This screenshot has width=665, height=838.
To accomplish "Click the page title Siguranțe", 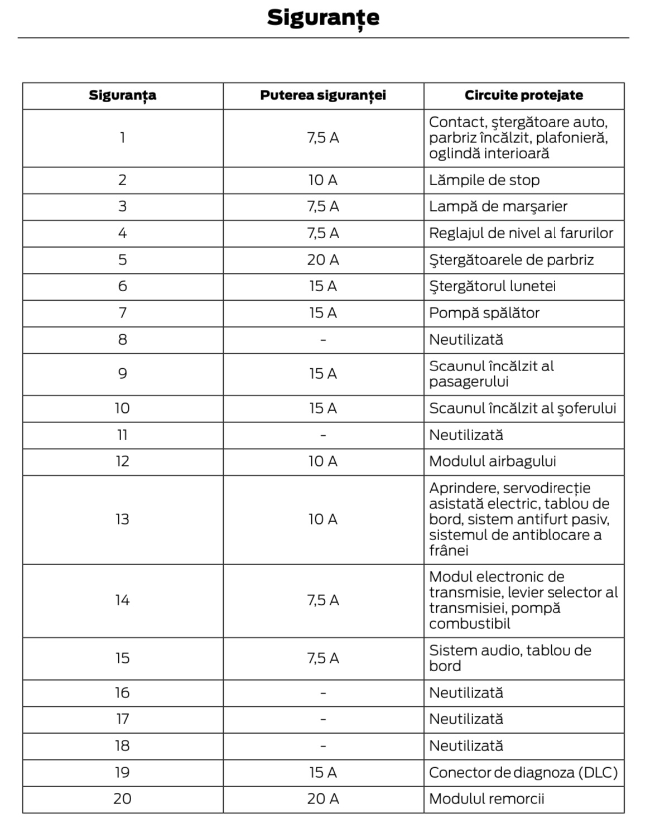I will pos(323,18).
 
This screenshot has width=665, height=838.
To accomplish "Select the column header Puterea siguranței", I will pos(323,95).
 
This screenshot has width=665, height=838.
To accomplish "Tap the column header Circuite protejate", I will pos(523,95).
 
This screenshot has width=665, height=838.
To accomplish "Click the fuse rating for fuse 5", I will pos(323,260).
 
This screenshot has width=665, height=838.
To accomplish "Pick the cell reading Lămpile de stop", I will pos(484,180).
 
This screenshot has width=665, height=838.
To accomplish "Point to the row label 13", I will pos(122,519).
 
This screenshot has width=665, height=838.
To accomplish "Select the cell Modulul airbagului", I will pos(492,461).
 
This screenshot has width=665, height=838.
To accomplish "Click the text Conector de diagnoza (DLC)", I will pos(523,773).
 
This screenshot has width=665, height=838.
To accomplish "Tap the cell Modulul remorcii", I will pos(486,799).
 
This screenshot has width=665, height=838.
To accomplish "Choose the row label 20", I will pos(122,799).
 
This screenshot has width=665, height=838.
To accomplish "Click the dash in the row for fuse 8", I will pos(323,340).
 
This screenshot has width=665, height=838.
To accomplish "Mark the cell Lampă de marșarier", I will pos(498,206).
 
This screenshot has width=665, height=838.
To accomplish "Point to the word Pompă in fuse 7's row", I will pos(447,313).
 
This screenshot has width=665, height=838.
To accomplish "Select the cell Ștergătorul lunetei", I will pos(492,286).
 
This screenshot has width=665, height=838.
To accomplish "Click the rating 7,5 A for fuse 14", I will pos(323,600).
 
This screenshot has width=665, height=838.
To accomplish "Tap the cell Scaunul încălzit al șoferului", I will pos(522,408).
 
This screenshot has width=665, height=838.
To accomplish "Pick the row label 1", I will pos(122,138).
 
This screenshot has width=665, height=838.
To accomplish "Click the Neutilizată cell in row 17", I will pos(466,719).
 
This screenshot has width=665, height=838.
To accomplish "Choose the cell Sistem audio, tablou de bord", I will pos(509,658).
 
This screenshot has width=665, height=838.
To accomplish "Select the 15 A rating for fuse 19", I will pos(323,773).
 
